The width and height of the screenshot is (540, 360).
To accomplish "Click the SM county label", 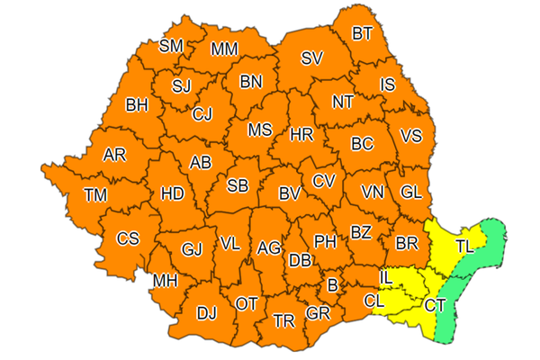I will [x=170, y=47].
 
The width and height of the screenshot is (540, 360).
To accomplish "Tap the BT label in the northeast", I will [x=362, y=34].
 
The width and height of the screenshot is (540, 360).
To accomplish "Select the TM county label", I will [x=94, y=193].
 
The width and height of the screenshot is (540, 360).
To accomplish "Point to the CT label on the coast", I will [x=435, y=306].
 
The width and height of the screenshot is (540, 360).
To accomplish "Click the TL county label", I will [x=465, y=245].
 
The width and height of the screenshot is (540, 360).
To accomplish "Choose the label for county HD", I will [x=171, y=193].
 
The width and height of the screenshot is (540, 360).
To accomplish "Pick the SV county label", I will [x=311, y=58].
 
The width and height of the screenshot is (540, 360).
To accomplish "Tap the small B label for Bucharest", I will [x=332, y=286].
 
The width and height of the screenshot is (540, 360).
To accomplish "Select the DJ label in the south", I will [x=207, y=313].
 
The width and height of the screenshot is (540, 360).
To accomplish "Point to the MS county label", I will [x=260, y=130].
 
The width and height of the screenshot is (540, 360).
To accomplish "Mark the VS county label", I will [x=410, y=137].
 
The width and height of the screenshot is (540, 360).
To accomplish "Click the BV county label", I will [x=289, y=193].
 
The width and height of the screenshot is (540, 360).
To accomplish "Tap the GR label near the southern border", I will [x=317, y=313].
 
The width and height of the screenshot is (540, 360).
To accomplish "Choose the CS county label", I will [x=129, y=238].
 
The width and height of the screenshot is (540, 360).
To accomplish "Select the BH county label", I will [x=137, y=105].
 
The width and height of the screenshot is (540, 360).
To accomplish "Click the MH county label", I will [x=165, y=282].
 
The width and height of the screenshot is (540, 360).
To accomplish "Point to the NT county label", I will [x=343, y=102].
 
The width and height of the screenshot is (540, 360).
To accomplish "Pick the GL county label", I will [x=411, y=192].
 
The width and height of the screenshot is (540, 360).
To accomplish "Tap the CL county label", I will [x=375, y=301].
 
